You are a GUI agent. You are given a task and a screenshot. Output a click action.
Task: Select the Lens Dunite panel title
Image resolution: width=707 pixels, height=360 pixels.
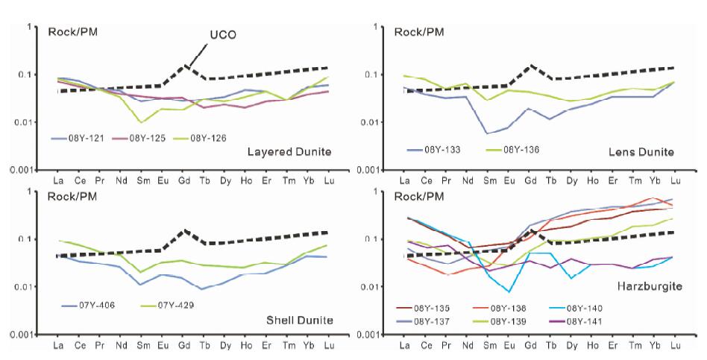pos(641,153)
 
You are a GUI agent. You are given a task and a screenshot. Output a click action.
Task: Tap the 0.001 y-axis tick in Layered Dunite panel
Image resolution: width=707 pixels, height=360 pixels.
pos(22,170)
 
